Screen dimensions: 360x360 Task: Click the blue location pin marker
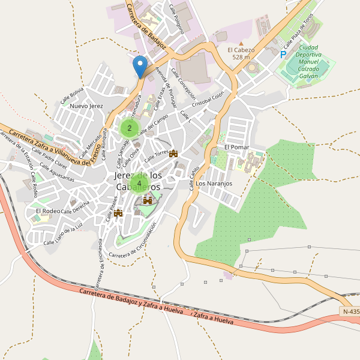[140, 66]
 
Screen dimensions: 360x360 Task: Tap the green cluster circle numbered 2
[130, 127]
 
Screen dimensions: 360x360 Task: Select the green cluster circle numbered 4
[139, 183]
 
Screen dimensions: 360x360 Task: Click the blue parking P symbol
[283, 55]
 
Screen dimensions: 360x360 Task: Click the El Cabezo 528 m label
[241, 53]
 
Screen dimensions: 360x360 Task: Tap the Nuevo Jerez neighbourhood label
[87, 106]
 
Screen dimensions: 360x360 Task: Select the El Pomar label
[236, 147]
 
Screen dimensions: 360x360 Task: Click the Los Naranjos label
[214, 184]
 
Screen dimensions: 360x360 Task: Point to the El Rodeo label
[47, 211]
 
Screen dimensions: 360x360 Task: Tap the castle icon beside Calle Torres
[174, 154]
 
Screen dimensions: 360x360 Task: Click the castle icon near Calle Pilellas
[118, 212]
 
